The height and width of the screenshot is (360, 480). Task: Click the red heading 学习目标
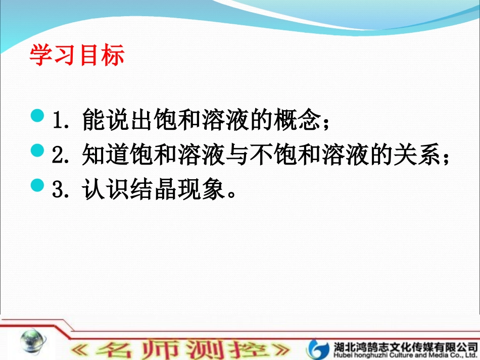77,56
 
